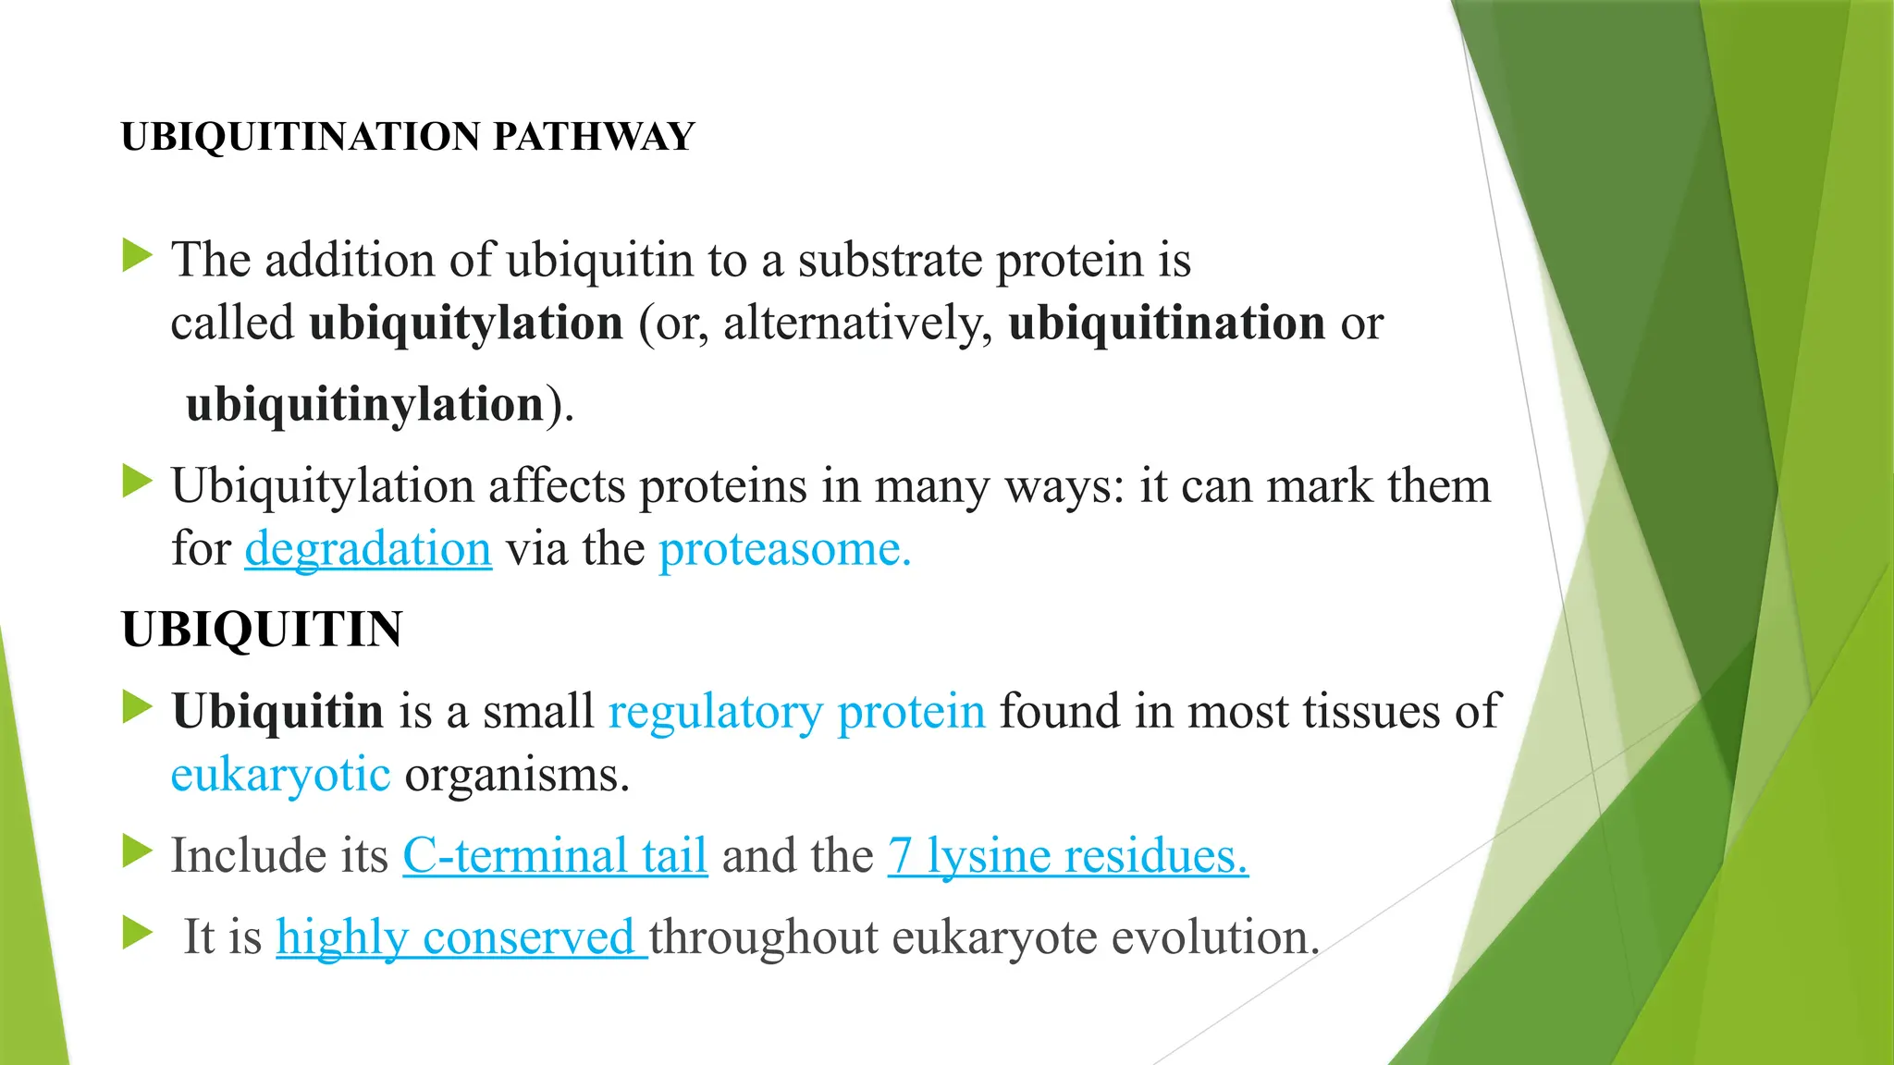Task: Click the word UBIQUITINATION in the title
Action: tap(301, 137)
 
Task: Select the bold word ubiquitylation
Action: tap(466, 324)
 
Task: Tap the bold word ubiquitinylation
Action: tap(365, 405)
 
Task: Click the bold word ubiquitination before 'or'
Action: tap(1166, 324)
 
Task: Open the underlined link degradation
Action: tap(368, 549)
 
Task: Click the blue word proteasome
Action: tap(784, 549)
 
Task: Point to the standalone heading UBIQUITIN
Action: tap(262, 630)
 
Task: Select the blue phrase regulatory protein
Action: tap(796, 712)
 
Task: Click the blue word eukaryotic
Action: tap(280, 775)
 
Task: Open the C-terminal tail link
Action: tap(555, 855)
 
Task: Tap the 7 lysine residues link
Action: tap(1067, 855)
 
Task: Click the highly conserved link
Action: tap(461, 937)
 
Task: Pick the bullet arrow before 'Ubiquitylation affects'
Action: tap(137, 482)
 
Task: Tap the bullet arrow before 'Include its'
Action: tap(137, 851)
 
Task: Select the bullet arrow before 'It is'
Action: tap(137, 933)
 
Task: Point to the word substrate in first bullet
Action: tap(890, 261)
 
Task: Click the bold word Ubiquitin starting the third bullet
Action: tap(277, 712)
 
